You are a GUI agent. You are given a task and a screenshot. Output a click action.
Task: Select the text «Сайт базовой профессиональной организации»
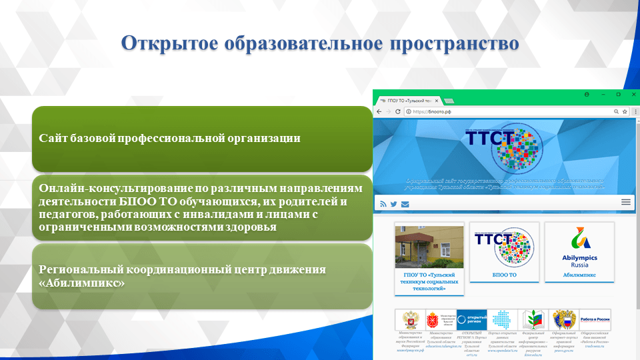pos(169,138)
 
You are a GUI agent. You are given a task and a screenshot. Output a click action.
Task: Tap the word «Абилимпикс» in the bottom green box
pos(82,283)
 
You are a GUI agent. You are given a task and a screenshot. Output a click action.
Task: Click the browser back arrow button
pos(379,111)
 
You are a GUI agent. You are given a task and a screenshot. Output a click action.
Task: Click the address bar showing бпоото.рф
pos(507,111)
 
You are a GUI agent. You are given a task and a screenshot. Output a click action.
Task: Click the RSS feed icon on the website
pos(383,204)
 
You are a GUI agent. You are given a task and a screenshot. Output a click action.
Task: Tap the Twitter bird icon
pos(393,204)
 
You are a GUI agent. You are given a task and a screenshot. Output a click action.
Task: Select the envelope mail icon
pos(405,204)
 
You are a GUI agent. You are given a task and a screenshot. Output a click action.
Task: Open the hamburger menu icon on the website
pos(626,202)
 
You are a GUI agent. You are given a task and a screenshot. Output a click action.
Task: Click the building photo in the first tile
pos(429,247)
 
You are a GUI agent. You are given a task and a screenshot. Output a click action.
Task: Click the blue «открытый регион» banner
pos(472,319)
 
